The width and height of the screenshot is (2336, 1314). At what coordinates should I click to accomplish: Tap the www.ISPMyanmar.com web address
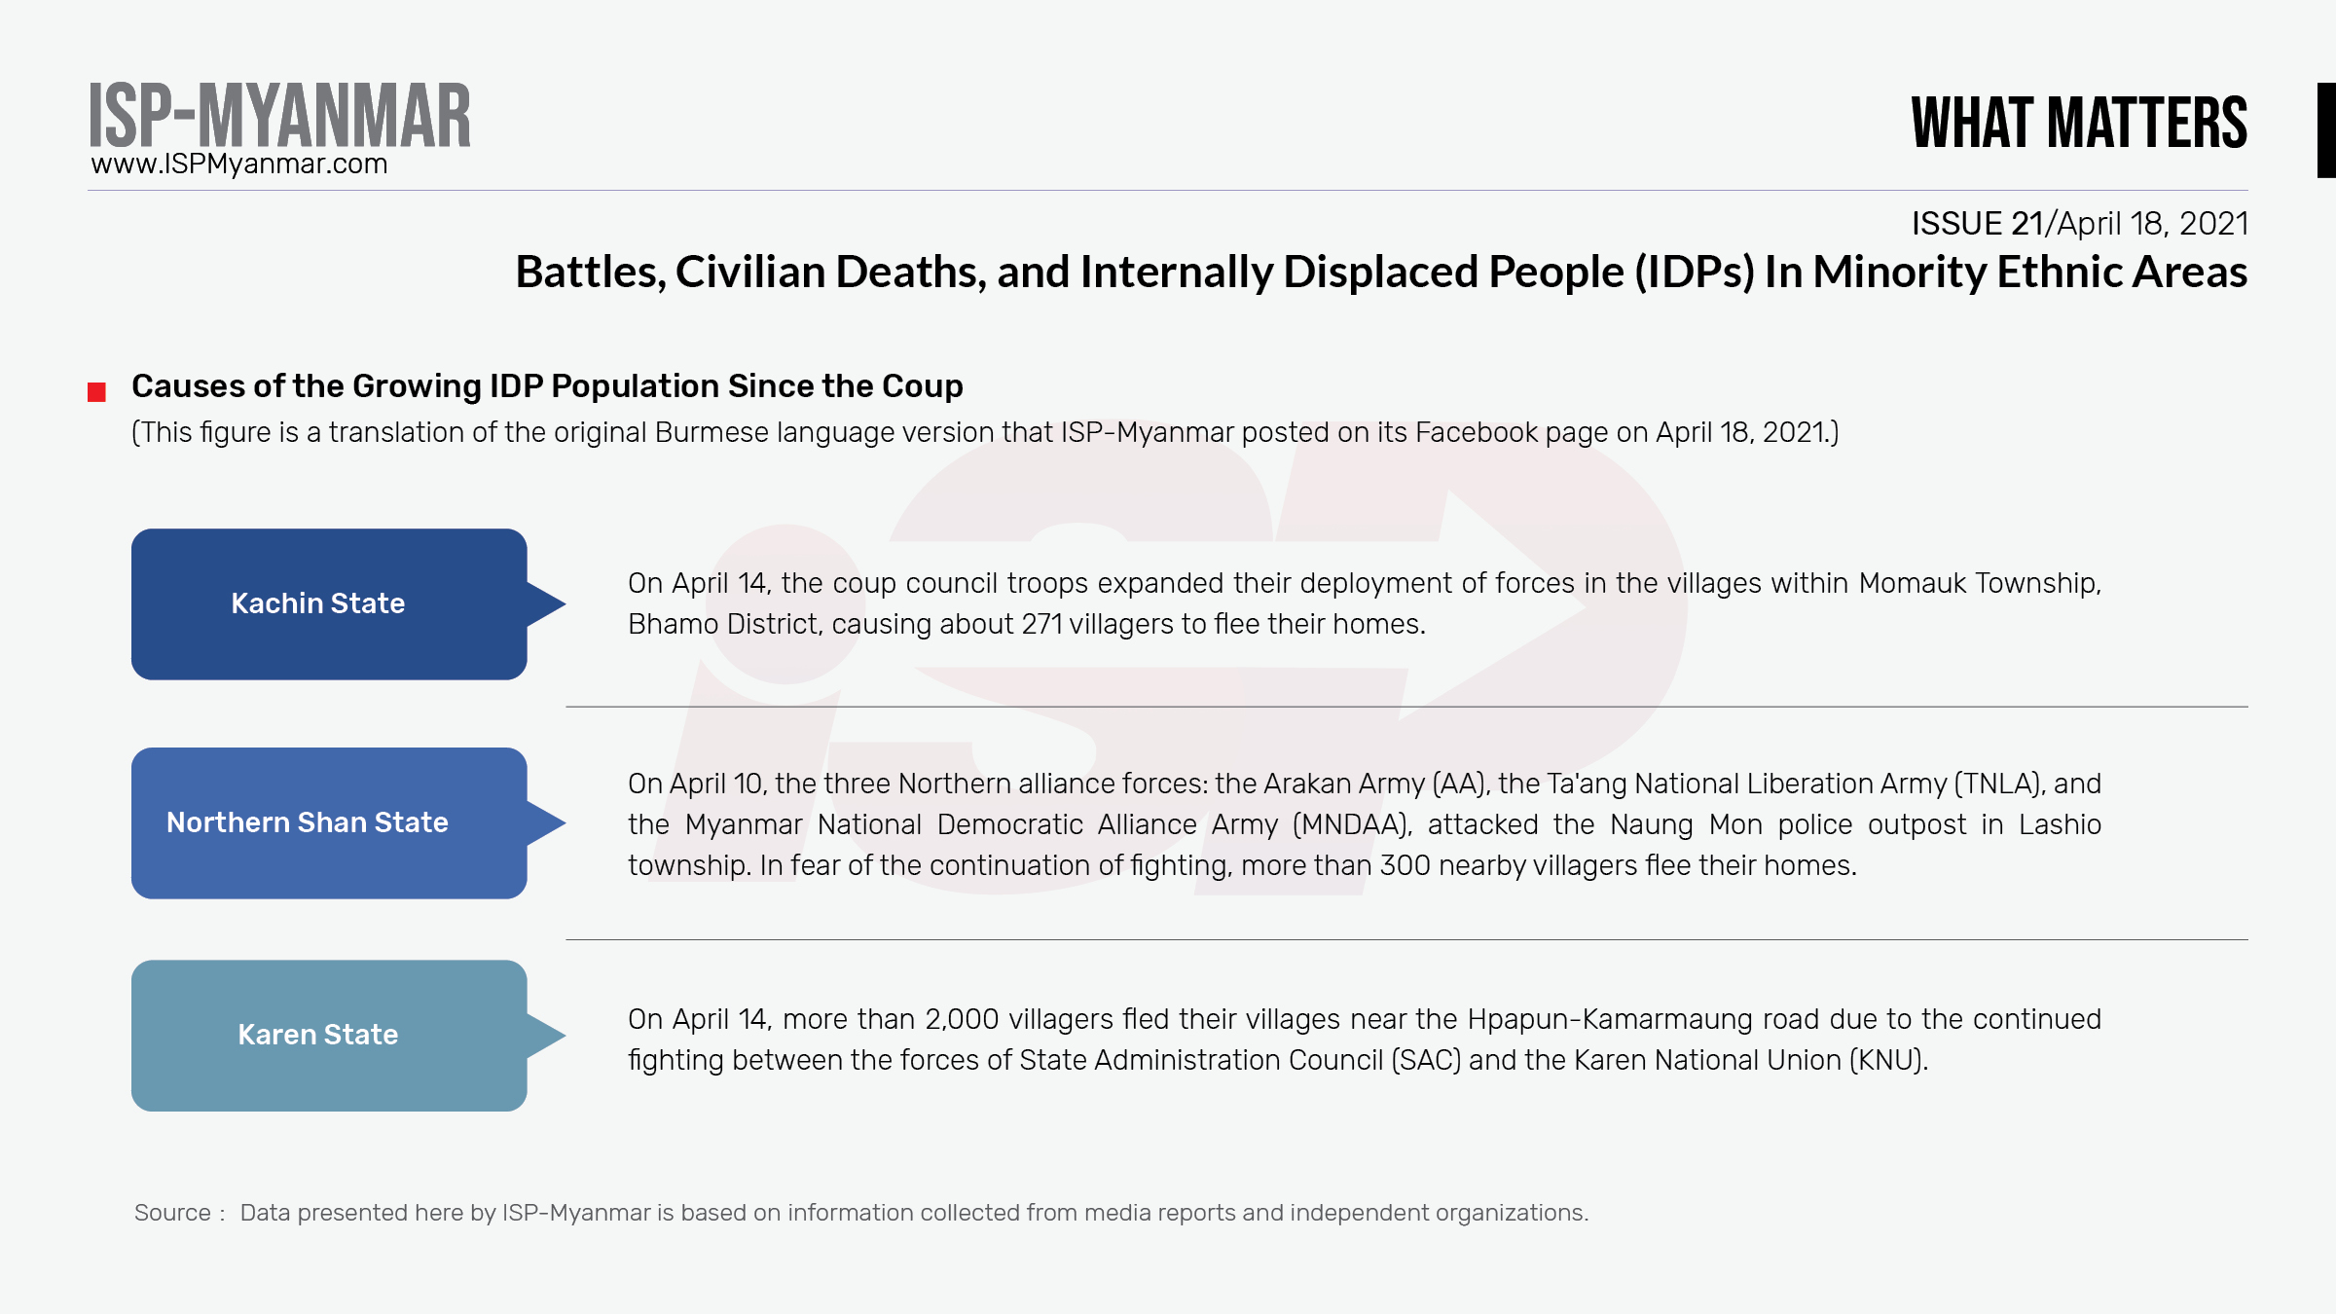click(239, 164)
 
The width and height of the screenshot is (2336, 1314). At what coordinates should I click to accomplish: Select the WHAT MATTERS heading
click(2079, 123)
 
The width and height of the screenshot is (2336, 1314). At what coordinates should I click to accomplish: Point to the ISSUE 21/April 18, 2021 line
click(2080, 223)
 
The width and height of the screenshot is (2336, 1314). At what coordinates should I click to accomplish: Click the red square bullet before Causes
click(96, 392)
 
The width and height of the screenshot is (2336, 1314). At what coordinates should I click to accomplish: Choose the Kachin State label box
click(329, 603)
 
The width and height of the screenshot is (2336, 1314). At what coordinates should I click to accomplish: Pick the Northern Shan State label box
click(329, 822)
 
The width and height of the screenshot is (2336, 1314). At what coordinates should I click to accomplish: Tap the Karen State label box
click(329, 1036)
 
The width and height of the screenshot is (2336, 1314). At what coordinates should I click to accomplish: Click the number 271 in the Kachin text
click(1042, 624)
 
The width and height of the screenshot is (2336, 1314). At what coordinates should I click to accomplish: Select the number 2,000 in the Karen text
click(962, 1019)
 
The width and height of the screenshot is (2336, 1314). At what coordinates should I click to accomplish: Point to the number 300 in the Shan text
click(1405, 865)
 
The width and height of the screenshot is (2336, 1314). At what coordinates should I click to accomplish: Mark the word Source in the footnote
click(172, 1213)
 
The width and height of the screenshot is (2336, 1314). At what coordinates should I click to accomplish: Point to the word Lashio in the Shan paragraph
click(2060, 824)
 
